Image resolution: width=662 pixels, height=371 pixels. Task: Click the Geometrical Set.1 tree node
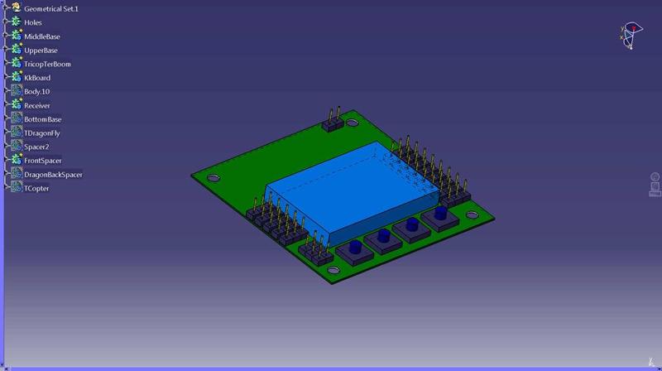(x=50, y=8)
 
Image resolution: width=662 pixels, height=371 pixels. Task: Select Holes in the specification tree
(x=33, y=22)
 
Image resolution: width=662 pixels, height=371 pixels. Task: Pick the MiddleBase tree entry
(x=41, y=36)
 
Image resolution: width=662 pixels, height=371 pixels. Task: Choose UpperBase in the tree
(x=41, y=50)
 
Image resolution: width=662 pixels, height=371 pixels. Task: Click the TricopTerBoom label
(x=47, y=64)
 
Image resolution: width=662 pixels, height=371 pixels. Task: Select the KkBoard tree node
(x=37, y=78)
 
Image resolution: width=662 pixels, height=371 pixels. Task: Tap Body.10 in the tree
(x=37, y=91)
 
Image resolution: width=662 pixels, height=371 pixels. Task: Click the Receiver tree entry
(x=37, y=105)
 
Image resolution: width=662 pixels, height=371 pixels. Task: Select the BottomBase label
(x=42, y=119)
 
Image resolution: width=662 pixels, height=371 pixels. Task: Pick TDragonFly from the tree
(x=41, y=132)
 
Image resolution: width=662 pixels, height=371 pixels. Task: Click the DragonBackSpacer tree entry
(x=53, y=175)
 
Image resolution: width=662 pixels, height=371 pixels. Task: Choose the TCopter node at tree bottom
(x=36, y=188)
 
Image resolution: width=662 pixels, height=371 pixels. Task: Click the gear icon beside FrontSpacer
(x=16, y=160)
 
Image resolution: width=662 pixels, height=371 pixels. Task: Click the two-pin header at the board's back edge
(x=333, y=125)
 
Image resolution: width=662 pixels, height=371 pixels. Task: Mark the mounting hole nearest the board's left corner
(x=213, y=178)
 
